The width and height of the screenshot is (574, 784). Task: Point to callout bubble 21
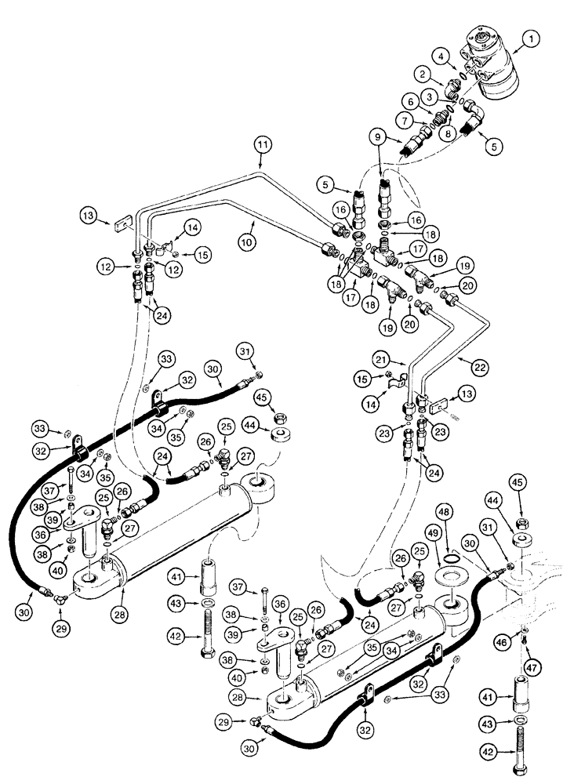coord(402,360)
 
